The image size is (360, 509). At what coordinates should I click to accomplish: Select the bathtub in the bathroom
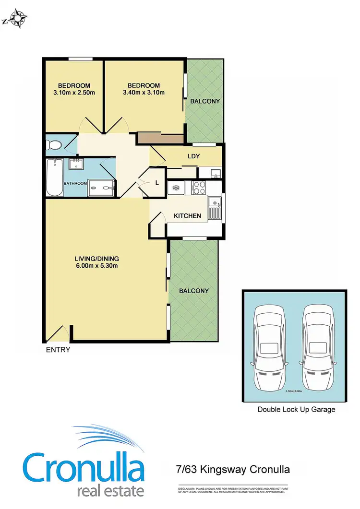click(54, 177)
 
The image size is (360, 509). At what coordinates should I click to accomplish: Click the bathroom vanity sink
click(76, 165)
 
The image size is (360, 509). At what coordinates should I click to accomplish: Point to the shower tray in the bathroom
click(101, 188)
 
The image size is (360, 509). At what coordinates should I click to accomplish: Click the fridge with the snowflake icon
click(175, 188)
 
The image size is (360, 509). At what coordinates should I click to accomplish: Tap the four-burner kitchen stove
click(198, 188)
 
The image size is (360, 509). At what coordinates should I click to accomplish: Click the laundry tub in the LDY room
click(215, 172)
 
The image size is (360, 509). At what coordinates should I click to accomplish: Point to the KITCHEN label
click(187, 216)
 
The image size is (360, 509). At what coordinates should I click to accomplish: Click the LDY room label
click(193, 156)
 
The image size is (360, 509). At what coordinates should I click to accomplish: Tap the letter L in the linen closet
click(157, 183)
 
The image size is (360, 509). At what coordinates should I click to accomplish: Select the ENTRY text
click(58, 350)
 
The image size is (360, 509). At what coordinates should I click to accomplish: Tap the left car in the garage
click(270, 345)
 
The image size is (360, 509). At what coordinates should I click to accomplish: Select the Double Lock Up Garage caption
click(296, 409)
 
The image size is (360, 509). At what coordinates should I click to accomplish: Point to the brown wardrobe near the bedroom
click(160, 139)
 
